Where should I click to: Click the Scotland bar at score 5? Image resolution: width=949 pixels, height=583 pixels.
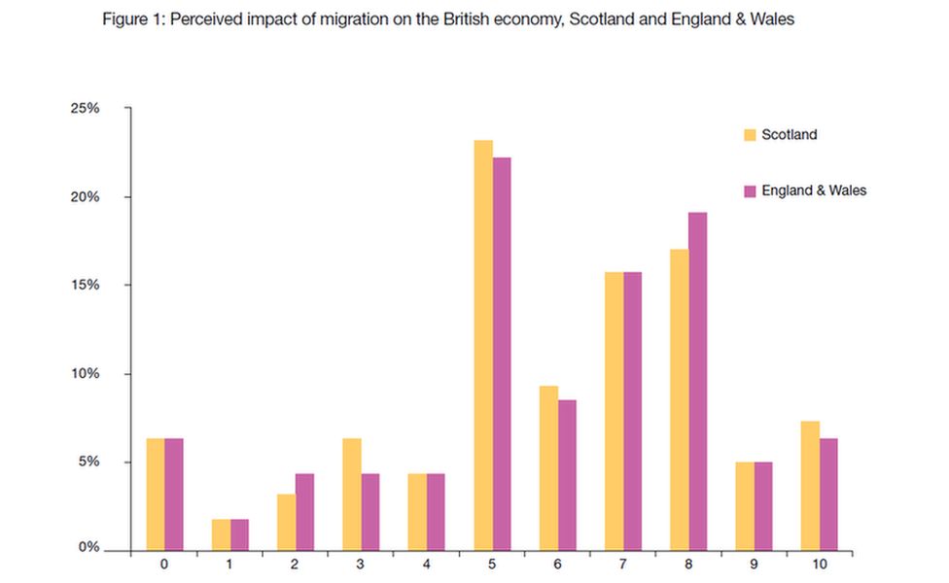pyautogui.click(x=482, y=346)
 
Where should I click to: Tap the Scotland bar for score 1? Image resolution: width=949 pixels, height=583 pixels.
pyautogui.click(x=221, y=535)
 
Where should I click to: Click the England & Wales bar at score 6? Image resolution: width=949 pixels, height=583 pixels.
pyautogui.click(x=566, y=475)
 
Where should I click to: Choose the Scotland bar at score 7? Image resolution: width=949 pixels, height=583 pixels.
pyautogui.click(x=614, y=414)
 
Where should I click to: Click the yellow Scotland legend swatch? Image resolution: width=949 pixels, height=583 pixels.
pyautogui.click(x=750, y=135)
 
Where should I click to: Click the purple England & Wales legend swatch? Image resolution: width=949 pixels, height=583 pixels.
pyautogui.click(x=750, y=191)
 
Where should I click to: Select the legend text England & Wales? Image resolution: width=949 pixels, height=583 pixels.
pyautogui.click(x=814, y=191)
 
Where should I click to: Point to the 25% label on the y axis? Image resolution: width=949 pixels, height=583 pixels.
pyautogui.click(x=85, y=109)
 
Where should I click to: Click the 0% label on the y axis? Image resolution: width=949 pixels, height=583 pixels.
pyautogui.click(x=88, y=549)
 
